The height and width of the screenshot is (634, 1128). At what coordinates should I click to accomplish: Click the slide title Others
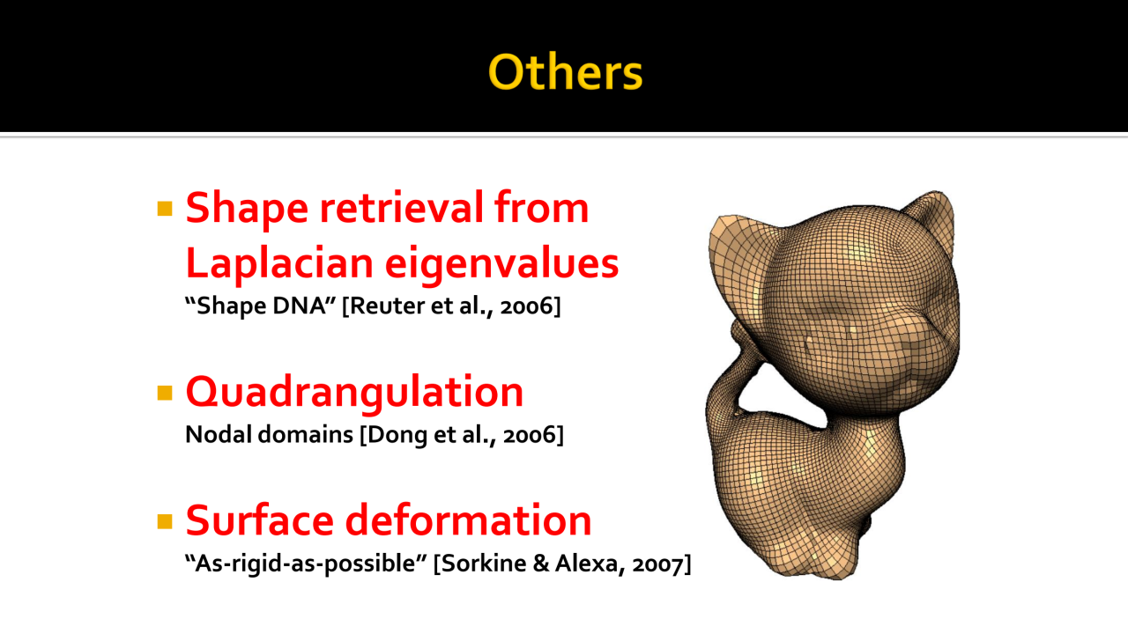coord(565,72)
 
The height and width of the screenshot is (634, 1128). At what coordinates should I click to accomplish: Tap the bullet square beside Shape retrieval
coord(165,209)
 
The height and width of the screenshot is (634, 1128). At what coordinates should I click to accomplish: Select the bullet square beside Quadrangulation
coord(165,393)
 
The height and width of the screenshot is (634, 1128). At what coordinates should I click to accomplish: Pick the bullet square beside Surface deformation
coord(165,521)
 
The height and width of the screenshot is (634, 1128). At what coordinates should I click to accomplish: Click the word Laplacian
coord(279,263)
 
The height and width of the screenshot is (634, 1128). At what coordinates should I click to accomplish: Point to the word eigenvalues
coord(502,263)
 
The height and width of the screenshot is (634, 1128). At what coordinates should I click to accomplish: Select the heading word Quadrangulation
coord(354,393)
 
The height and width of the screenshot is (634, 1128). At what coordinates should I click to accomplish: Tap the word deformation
coord(468,520)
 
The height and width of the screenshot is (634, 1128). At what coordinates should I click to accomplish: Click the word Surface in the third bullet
coord(259,520)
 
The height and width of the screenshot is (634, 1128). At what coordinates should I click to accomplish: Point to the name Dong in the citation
coord(397,435)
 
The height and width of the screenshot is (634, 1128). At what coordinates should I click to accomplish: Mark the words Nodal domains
coord(269,434)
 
